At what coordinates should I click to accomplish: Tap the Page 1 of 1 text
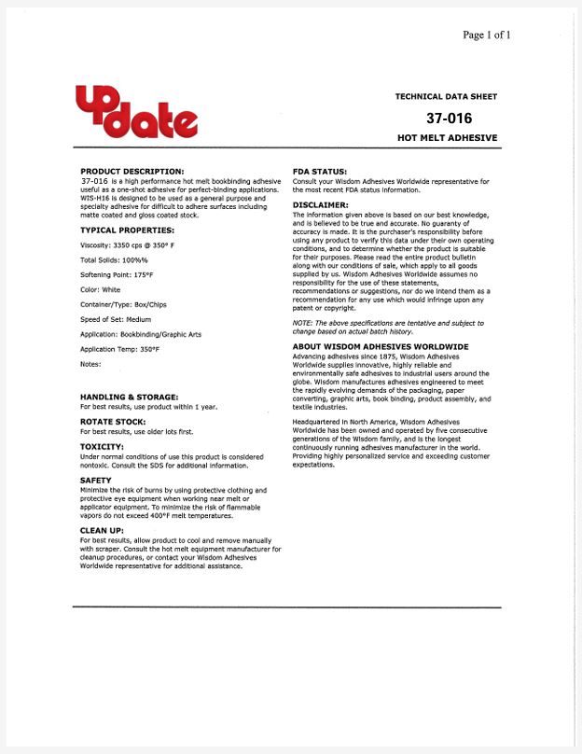click(487, 35)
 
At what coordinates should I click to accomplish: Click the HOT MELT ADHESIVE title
click(447, 137)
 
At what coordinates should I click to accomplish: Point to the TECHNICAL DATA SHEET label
click(446, 96)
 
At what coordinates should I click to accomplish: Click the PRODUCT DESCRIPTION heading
click(132, 171)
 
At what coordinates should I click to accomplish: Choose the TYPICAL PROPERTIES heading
click(127, 230)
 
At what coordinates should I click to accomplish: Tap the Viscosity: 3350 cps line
click(128, 244)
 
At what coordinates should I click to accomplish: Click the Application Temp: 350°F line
click(119, 349)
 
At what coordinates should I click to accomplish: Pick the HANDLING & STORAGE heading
click(129, 398)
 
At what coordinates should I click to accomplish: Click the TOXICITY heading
click(103, 447)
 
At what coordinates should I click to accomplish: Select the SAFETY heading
click(96, 481)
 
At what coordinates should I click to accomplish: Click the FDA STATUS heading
click(320, 171)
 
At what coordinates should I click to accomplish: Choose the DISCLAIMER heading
click(321, 204)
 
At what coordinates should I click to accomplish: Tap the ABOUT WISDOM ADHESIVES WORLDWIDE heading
click(381, 346)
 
